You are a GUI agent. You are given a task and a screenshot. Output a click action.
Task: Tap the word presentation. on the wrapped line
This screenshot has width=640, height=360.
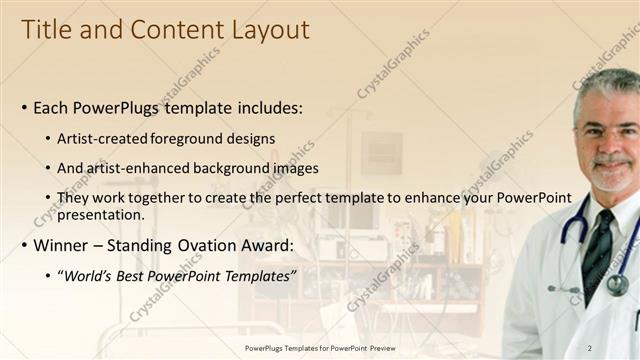click(x=101, y=214)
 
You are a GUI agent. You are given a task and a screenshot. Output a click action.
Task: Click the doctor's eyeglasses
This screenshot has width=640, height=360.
click(x=608, y=131)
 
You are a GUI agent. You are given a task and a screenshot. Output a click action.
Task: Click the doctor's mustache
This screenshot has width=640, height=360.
click(x=611, y=160)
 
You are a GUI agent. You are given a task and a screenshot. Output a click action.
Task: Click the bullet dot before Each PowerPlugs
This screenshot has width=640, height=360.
click(x=25, y=108)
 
